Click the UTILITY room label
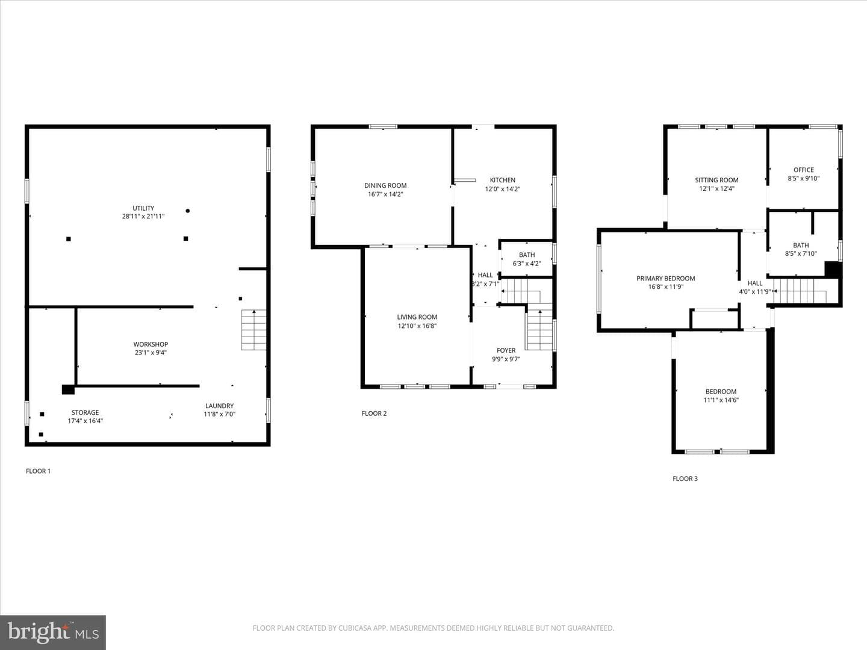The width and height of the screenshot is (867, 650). (143, 208)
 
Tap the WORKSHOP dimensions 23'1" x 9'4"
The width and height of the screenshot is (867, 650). (151, 353)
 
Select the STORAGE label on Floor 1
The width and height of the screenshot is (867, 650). (85, 412)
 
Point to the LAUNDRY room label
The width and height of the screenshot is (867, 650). (220, 406)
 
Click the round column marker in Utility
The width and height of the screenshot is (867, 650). (188, 211)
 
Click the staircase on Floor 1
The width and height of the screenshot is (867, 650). (253, 330)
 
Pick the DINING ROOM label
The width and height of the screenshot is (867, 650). (385, 185)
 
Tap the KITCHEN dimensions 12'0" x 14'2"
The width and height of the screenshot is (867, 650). (502, 189)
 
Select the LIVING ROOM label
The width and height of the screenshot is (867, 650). (417, 317)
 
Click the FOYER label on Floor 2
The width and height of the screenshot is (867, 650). (506, 350)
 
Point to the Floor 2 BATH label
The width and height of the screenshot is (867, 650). (527, 255)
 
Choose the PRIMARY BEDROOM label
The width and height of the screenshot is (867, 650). (665, 279)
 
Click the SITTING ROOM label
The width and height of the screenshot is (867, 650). (716, 180)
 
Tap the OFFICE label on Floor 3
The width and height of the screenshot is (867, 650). (803, 170)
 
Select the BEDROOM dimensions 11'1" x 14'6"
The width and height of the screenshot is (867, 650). (721, 400)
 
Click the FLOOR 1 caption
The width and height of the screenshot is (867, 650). (39, 471)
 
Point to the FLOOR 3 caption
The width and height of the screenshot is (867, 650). (685, 478)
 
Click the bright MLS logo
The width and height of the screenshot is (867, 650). (53, 632)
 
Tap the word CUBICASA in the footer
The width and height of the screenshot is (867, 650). (353, 628)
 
